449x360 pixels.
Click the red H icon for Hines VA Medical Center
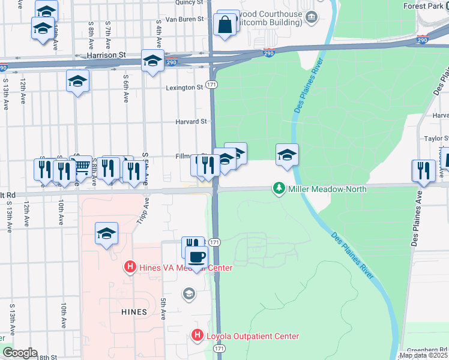pyautogui.click(x=128, y=267)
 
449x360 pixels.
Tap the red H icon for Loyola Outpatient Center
pyautogui.click(x=197, y=336)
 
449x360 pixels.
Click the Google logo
pyautogui.click(x=20, y=353)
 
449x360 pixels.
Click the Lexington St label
pyautogui.click(x=184, y=88)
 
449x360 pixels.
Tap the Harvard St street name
pyautogui.click(x=191, y=121)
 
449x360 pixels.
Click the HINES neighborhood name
pyautogui.click(x=133, y=312)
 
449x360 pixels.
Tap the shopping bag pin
pyautogui.click(x=224, y=25)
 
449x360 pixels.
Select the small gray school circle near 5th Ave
pyautogui.click(x=188, y=293)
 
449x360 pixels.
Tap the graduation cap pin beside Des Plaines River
pyautogui.click(x=287, y=155)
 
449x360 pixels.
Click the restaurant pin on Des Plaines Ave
pyautogui.click(x=423, y=170)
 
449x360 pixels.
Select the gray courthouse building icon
pyautogui.click(x=311, y=17)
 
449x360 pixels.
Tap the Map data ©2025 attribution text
pyautogui.click(x=423, y=355)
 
